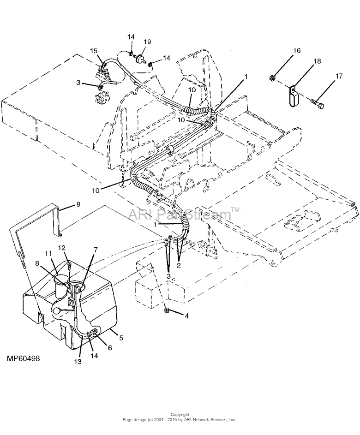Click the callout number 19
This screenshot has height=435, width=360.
pos(147,42)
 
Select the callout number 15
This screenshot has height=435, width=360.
pos(94,51)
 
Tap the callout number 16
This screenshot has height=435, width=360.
pos(297,50)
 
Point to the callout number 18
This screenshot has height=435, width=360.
pos(317,61)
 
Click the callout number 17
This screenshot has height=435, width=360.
pos(339,76)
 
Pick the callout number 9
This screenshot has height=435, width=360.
pos(78,204)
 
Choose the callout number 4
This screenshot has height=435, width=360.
pos(187,316)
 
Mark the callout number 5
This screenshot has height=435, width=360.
pos(121,338)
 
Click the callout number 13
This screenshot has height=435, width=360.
pos(78,362)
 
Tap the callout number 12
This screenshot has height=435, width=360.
pos(62,247)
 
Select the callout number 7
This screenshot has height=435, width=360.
pos(96,250)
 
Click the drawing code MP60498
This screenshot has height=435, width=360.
pos(24,358)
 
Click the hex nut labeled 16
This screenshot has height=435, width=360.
pos(273,78)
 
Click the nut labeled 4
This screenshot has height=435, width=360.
pos(167,310)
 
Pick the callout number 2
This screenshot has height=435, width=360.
pos(179,265)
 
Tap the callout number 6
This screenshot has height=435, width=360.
pos(110,348)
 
